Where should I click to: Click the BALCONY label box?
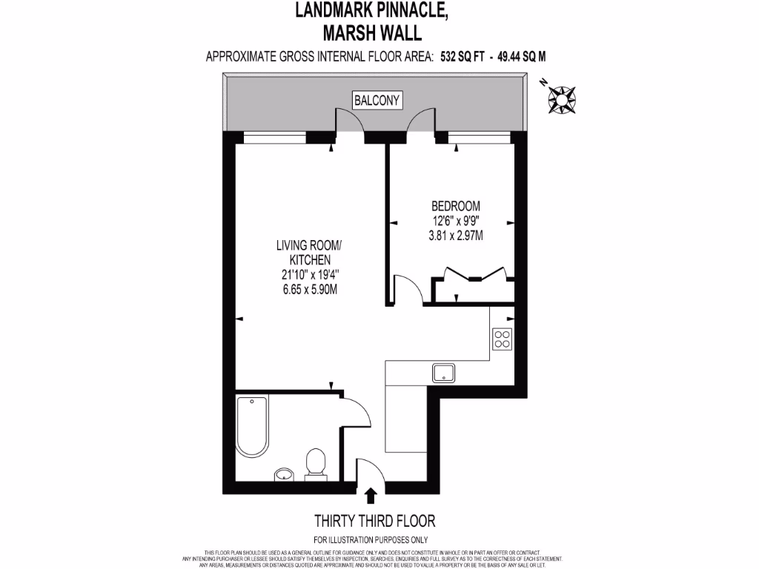(377, 99)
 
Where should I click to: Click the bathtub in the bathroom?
(253, 425)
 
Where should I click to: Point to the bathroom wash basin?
(283, 473)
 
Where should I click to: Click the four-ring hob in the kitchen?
(502, 338)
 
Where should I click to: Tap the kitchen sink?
(443, 373)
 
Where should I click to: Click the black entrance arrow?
(371, 493)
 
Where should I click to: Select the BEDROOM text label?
(457, 205)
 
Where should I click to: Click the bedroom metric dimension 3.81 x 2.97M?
(457, 236)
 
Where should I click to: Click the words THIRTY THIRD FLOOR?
(375, 521)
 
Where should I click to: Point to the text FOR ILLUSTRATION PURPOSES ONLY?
(371, 539)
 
